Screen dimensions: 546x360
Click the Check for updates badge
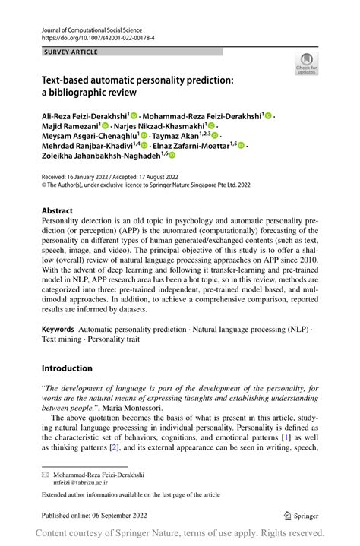307,64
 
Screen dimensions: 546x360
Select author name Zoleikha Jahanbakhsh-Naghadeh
103,155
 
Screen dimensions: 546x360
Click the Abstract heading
57,211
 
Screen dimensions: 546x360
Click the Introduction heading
67,368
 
